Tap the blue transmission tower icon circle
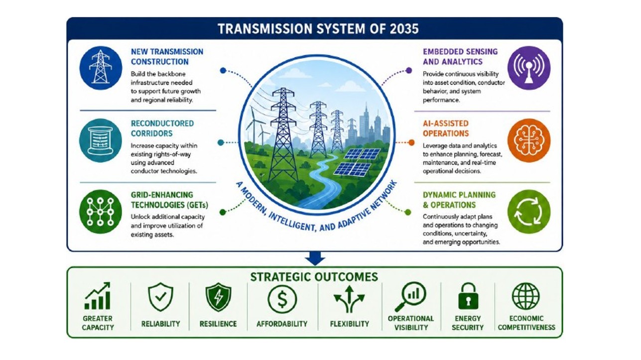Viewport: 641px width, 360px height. click(x=101, y=68)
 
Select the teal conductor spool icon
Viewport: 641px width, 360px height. click(x=101, y=140)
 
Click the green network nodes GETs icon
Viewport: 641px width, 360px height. click(x=101, y=212)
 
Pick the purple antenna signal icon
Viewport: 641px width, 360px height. click(x=529, y=68)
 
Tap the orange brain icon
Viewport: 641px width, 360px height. click(x=529, y=140)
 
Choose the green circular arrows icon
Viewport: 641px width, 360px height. click(x=529, y=212)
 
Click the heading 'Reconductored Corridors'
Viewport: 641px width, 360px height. click(x=162, y=128)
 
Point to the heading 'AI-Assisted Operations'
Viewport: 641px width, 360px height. click(x=446, y=128)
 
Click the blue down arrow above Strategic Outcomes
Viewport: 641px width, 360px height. click(x=315, y=258)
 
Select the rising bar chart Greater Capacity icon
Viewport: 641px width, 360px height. click(x=98, y=296)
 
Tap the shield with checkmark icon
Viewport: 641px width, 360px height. click(x=160, y=297)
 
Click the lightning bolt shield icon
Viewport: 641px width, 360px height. click(x=218, y=297)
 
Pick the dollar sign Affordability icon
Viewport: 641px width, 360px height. click(x=282, y=299)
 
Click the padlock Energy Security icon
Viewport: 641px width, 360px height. click(x=468, y=296)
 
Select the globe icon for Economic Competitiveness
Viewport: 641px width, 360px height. click(x=525, y=296)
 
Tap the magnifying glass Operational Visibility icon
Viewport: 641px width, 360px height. click(x=411, y=297)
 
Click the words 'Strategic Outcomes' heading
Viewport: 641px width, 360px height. click(x=314, y=277)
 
